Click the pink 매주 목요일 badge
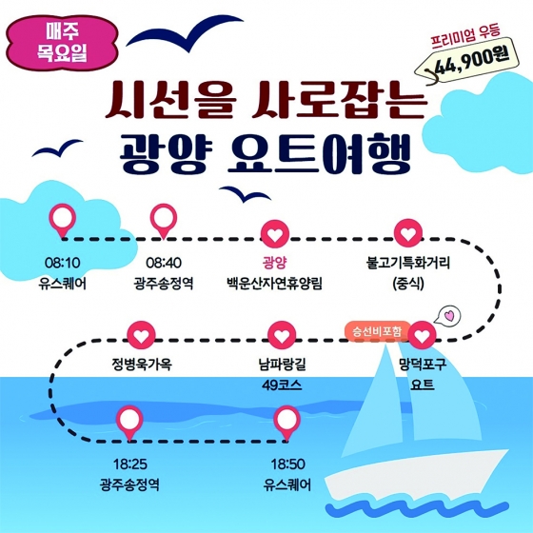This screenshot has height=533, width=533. [62, 43]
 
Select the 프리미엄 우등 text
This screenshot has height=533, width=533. [465, 36]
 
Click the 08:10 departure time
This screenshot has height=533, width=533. [63, 263]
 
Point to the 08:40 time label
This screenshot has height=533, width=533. [164, 263]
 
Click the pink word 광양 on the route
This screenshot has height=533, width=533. [274, 263]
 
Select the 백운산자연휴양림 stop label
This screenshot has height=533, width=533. [274, 284]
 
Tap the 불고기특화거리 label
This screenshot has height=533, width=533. [408, 263]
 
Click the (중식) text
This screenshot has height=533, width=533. [408, 284]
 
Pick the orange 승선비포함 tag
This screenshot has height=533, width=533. [377, 331]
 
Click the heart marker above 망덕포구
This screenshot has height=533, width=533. [422, 335]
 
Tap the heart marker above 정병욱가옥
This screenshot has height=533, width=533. [142, 335]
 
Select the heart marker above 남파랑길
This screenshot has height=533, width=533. [282, 335]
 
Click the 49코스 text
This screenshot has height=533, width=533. [282, 385]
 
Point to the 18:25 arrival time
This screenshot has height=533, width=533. [130, 464]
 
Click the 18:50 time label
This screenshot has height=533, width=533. [287, 464]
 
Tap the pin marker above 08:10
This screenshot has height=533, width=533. [63, 220]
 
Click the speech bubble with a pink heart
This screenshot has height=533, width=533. [448, 314]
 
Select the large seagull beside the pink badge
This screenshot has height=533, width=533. [185, 32]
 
